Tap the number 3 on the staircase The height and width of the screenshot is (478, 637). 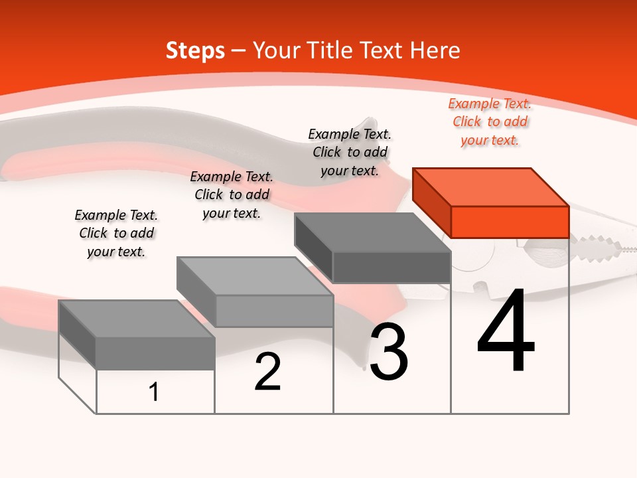tap(389, 353)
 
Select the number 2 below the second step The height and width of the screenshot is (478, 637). tap(267, 372)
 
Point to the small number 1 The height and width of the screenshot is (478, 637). tap(153, 392)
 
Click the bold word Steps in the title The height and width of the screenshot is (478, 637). tap(195, 50)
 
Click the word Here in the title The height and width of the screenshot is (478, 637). tap(435, 50)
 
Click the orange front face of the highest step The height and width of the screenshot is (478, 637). tap(510, 222)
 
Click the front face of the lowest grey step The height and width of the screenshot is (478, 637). tap(155, 353)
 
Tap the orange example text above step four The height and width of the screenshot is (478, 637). tap(490, 122)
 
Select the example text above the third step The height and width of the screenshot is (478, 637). tap(350, 152)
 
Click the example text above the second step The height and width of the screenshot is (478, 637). tap(232, 195)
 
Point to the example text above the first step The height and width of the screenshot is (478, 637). tap(116, 233)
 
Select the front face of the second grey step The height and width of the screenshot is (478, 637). tap(274, 311)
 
